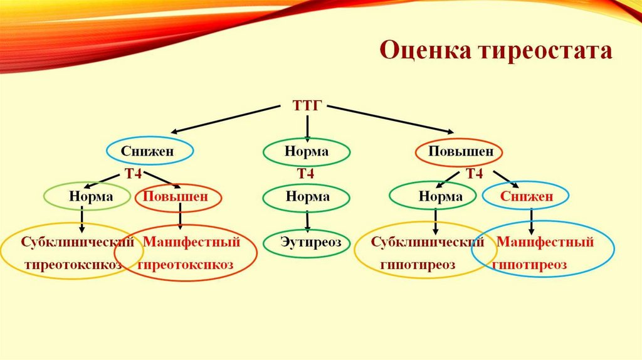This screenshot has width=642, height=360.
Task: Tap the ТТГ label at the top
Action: click(x=307, y=105)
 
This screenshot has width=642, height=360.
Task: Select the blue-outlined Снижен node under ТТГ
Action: click(x=150, y=151)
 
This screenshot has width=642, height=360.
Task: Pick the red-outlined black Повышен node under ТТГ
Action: click(x=459, y=152)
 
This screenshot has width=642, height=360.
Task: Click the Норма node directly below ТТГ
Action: click(x=307, y=152)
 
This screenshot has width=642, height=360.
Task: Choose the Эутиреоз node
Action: click(x=307, y=243)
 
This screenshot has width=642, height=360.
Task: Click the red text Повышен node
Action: click(x=178, y=197)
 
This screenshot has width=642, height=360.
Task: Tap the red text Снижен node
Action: click(x=526, y=196)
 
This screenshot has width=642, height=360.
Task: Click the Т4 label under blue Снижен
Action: click(x=133, y=174)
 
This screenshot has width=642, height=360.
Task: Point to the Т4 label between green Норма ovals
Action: click(x=305, y=174)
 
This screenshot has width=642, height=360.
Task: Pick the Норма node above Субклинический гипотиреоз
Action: click(x=433, y=196)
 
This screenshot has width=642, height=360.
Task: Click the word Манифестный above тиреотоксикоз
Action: click(x=191, y=242)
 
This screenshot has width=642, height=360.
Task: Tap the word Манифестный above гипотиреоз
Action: click(x=545, y=242)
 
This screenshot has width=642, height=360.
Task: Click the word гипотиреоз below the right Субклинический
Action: click(x=418, y=265)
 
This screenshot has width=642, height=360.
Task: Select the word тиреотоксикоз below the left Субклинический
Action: click(x=73, y=265)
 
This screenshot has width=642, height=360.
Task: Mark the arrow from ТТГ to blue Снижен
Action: click(x=225, y=119)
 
